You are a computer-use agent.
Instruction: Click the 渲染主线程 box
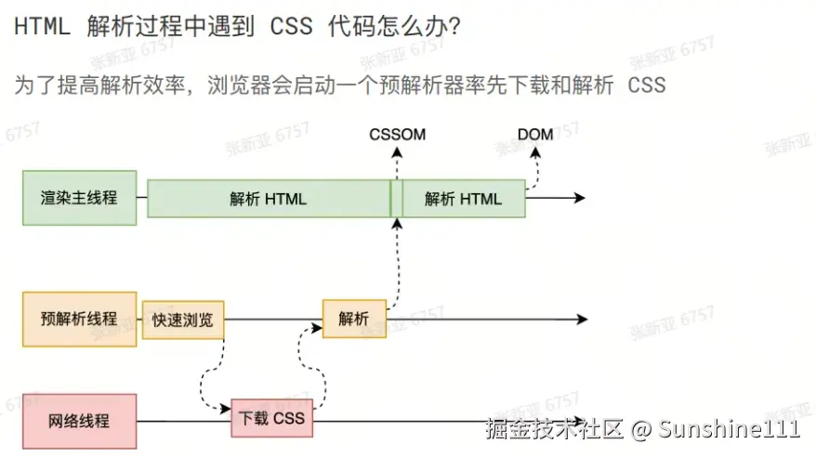pyautogui.click(x=79, y=198)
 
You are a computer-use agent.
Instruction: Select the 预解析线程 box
pyautogui.click(x=79, y=319)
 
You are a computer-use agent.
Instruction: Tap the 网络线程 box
pyautogui.click(x=79, y=421)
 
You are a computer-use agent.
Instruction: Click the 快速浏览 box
pyautogui.click(x=183, y=320)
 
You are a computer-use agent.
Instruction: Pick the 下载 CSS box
pyautogui.click(x=272, y=419)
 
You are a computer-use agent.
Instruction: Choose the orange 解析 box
pyautogui.click(x=353, y=319)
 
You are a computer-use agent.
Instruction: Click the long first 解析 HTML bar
pyautogui.click(x=268, y=199)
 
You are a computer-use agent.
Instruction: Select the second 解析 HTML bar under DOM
pyautogui.click(x=463, y=199)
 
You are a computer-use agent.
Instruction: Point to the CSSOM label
pyautogui.click(x=397, y=135)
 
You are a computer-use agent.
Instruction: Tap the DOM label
pyautogui.click(x=535, y=135)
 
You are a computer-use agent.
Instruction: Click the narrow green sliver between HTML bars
pyautogui.click(x=396, y=199)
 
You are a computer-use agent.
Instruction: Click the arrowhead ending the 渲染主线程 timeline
pyautogui.click(x=579, y=198)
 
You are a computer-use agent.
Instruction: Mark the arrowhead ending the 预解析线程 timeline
pyautogui.click(x=581, y=320)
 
